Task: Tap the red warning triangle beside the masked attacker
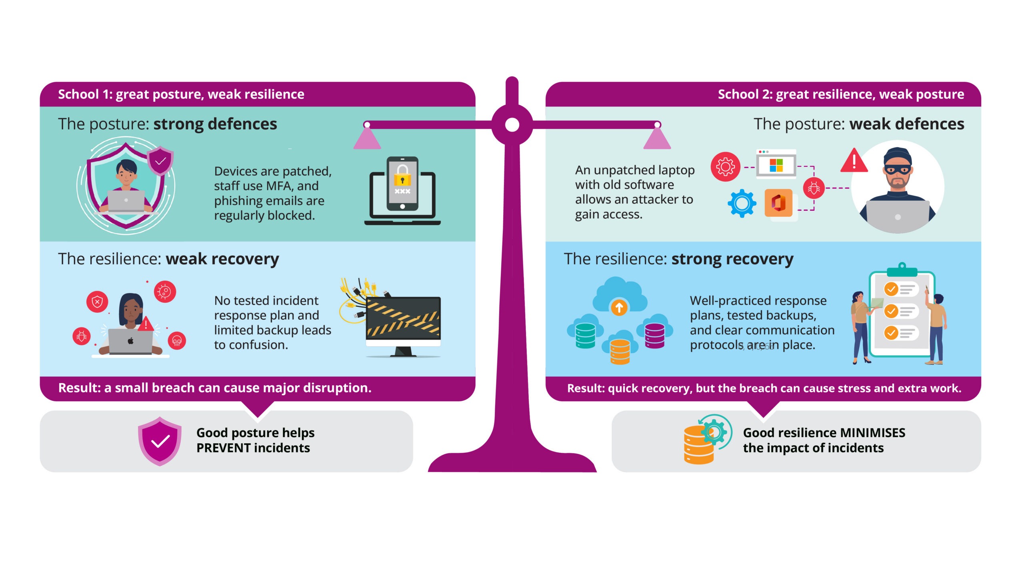point(854,161)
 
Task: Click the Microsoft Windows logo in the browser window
point(776,165)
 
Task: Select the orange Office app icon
point(778,203)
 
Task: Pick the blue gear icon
point(742,203)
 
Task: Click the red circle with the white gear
point(725,167)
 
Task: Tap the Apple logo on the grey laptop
point(130,341)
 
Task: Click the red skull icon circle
point(177,341)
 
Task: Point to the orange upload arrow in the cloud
point(619,308)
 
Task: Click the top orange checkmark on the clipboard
point(891,289)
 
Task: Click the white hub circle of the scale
point(512,125)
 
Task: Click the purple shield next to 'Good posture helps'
point(160,441)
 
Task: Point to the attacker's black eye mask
point(898,170)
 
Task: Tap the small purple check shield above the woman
point(160,161)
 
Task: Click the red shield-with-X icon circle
point(97,302)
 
